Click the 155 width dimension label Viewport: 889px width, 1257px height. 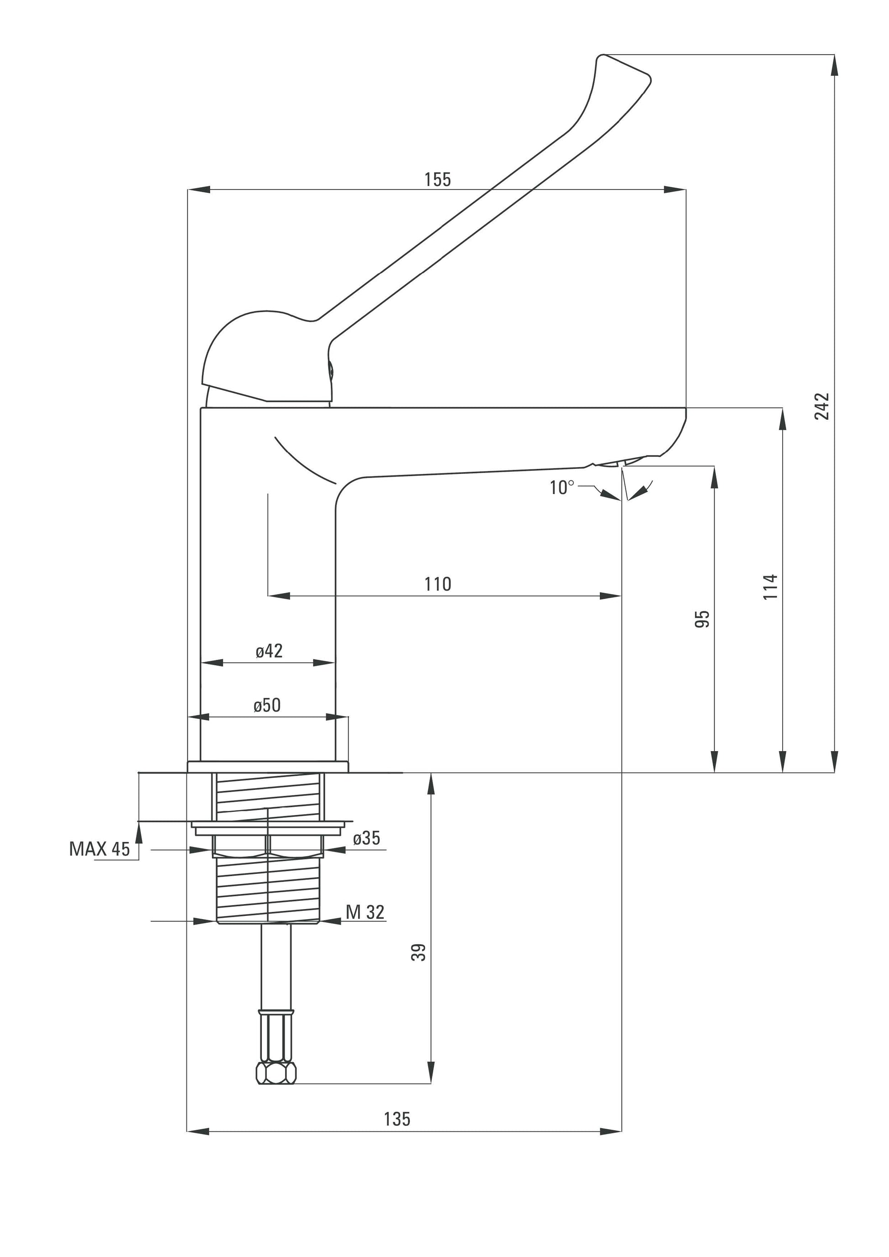click(438, 179)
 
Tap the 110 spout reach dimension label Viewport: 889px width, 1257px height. click(438, 584)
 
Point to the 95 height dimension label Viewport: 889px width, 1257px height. click(702, 619)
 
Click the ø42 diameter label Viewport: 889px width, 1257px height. click(269, 651)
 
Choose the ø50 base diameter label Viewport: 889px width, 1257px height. click(267, 705)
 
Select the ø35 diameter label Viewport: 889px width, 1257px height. click(366, 838)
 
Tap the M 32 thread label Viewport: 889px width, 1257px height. click(365, 912)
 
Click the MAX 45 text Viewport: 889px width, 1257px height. click(100, 849)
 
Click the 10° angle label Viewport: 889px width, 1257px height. click(562, 487)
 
